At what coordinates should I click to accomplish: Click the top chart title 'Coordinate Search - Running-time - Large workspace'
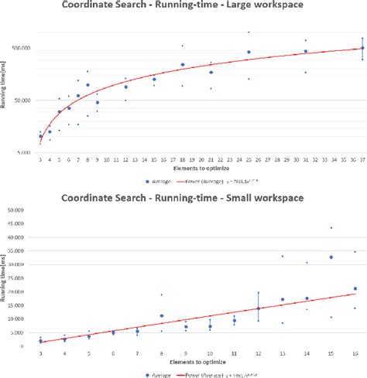[x=183, y=9]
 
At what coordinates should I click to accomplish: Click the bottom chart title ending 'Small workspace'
[x=183, y=199]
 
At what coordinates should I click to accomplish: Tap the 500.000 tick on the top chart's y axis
[x=23, y=48]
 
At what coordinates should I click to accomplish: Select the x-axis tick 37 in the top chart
[x=362, y=159]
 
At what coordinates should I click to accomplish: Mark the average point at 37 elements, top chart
[x=362, y=49]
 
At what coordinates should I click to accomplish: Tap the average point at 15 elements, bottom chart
[x=331, y=257]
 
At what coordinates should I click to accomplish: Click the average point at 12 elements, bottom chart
[x=259, y=308]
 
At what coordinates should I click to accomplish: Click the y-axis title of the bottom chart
[x=6, y=286]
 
